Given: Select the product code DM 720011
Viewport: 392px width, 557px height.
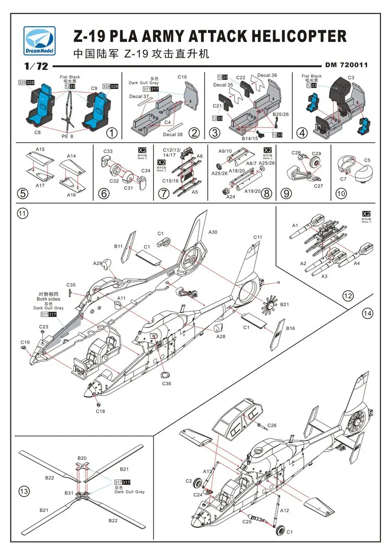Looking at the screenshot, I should [347, 65].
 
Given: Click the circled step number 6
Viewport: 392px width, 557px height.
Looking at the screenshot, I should [104, 192].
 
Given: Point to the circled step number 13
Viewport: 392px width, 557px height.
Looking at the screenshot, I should [24, 492].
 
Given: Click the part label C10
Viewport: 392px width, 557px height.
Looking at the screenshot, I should [182, 77].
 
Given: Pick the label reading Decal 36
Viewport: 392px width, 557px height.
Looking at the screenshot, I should [268, 75].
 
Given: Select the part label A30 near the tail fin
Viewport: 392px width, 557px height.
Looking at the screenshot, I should [213, 232].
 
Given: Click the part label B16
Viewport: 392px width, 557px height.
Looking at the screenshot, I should [291, 328].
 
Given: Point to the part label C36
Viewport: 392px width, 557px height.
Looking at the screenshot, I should [167, 383].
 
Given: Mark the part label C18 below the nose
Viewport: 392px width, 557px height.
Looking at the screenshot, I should [101, 412].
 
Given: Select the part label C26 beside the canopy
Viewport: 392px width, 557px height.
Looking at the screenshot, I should [272, 425].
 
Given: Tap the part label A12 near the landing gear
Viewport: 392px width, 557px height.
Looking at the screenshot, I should [284, 510].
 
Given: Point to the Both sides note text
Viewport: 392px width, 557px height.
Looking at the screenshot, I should [49, 299].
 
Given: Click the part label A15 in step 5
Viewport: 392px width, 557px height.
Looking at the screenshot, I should [40, 150].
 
